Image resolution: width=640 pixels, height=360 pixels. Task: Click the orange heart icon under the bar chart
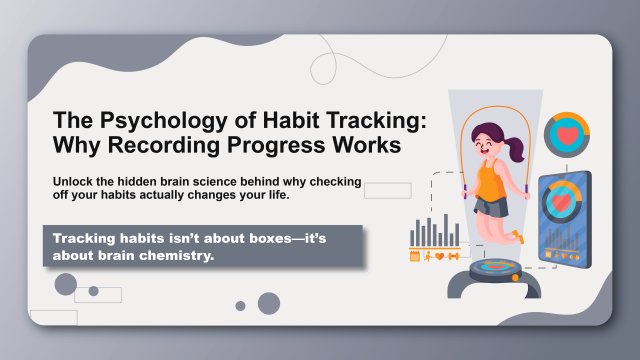[438, 256]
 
